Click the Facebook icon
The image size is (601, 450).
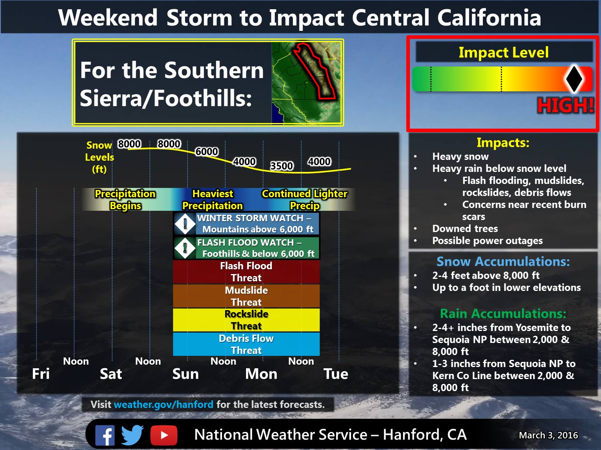[x=105, y=435]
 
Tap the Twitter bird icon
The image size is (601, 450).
[x=132, y=435]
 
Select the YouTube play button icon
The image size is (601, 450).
[x=164, y=435]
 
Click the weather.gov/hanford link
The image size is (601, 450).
[x=163, y=404]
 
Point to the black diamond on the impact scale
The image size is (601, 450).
[x=574, y=79]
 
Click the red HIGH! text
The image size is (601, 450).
[x=565, y=106]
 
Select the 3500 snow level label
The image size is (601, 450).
[x=282, y=166]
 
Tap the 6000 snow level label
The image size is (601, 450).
[x=207, y=151]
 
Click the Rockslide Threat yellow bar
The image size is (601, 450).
[x=246, y=320]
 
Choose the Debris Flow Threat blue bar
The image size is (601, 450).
[x=246, y=344]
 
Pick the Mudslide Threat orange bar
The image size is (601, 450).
[x=246, y=296]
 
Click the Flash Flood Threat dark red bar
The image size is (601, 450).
[x=246, y=272]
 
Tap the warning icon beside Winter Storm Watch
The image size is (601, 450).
[x=185, y=224]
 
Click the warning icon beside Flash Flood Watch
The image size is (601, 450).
[x=185, y=248]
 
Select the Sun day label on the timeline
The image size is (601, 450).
[x=186, y=374]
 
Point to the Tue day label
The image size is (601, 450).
[x=336, y=374]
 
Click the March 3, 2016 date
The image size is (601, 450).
[x=548, y=435]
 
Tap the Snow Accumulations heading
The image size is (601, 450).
[x=503, y=261]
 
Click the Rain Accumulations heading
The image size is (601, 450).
[x=503, y=313]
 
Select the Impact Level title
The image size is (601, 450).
[x=504, y=52]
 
